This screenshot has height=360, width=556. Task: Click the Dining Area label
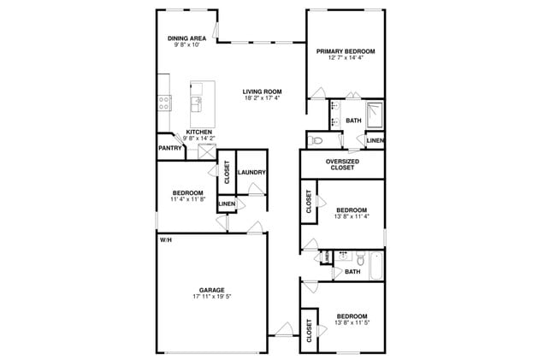pos(186,38)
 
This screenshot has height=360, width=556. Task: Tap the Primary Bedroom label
pos(346,51)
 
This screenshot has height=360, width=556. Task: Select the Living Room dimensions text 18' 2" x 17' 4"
pos(262,98)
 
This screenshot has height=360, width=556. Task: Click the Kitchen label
pos(199,132)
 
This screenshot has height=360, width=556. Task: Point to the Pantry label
pos(169,148)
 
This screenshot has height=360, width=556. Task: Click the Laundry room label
pos(251,173)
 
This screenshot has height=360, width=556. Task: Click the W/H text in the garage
pos(165,239)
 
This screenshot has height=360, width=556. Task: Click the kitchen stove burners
pos(163,103)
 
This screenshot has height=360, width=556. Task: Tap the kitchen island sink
pos(197,104)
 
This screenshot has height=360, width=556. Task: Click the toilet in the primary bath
pos(314,139)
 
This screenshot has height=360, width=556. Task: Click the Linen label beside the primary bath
pos(375,140)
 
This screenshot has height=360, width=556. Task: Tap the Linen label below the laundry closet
pos(227,204)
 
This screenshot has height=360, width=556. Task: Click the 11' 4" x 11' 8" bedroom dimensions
pos(186,200)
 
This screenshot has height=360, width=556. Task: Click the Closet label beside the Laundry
pos(227,173)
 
